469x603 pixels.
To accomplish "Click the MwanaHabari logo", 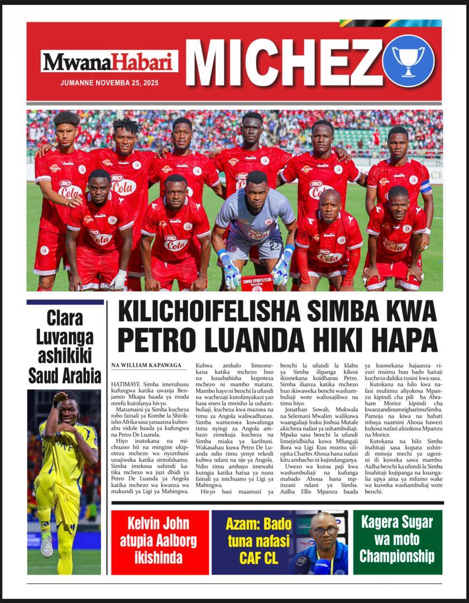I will click(109, 61).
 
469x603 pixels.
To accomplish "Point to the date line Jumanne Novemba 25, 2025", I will click(109, 83).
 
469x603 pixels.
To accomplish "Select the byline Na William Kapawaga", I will click(146, 365).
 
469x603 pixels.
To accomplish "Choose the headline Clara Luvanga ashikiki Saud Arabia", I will click(65, 346).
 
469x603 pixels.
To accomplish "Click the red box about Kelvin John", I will click(159, 542).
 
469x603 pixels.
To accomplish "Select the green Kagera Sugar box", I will click(397, 542).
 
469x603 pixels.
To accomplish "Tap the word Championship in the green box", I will click(397, 556).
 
